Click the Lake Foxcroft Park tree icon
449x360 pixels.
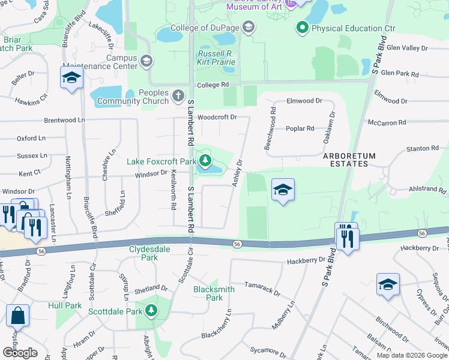[205, 160]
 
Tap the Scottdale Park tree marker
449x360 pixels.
[152, 311]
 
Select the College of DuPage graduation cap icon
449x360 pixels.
[249, 28]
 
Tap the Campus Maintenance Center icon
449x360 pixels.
[146, 61]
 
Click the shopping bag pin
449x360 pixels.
[17, 316]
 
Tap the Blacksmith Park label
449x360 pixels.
[208, 293]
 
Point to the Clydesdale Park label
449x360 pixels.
[143, 253]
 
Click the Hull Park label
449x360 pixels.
[65, 305]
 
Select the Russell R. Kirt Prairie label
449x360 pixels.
[215, 57]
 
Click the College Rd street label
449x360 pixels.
[213, 85]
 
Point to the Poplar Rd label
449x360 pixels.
[300, 128]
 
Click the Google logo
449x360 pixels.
[20, 353]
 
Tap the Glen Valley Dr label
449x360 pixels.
[407, 47]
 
